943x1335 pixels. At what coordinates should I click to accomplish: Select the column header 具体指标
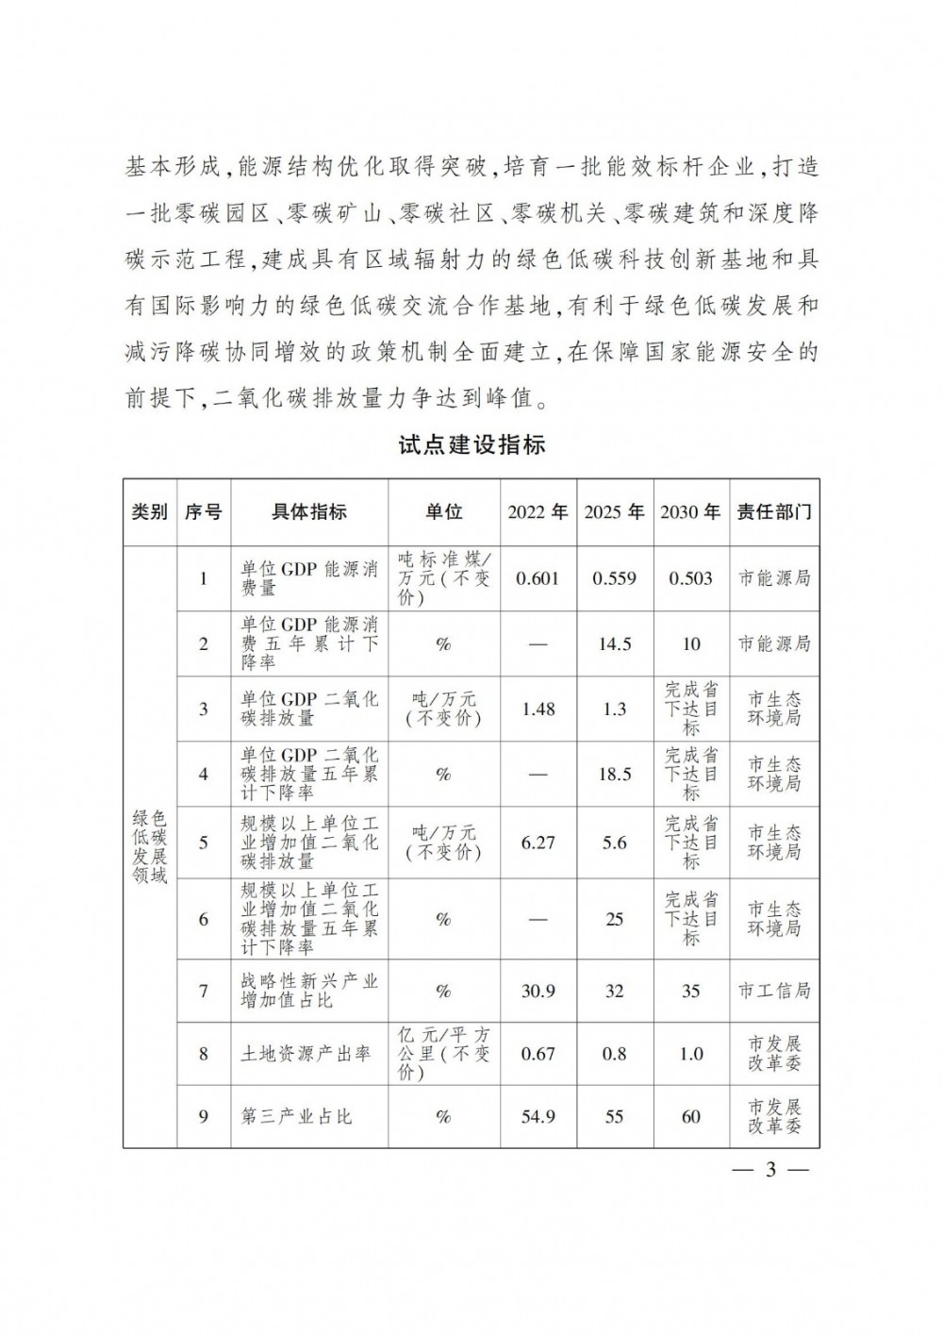click(x=309, y=511)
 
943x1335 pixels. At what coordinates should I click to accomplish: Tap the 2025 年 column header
click(x=614, y=511)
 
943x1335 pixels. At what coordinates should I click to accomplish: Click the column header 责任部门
click(x=773, y=511)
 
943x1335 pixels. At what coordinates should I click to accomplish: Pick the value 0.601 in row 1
click(x=538, y=577)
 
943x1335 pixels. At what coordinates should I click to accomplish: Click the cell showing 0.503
click(x=690, y=577)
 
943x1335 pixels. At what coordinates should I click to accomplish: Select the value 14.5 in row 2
click(x=614, y=643)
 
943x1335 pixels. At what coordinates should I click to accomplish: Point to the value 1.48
click(x=538, y=708)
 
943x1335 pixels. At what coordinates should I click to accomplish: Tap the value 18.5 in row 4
click(x=614, y=774)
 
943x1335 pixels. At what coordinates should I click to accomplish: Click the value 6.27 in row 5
click(x=538, y=843)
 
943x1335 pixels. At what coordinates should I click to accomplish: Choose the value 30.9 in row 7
click(x=538, y=991)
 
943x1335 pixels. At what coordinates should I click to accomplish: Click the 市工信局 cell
click(x=773, y=991)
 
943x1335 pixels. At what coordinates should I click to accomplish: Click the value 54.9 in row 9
click(x=538, y=1116)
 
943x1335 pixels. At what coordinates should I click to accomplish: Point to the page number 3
click(x=769, y=1171)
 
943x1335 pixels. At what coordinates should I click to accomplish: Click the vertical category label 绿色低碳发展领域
click(x=150, y=845)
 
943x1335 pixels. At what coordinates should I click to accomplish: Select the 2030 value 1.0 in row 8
click(x=690, y=1053)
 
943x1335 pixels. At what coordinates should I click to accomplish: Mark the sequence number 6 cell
click(x=204, y=919)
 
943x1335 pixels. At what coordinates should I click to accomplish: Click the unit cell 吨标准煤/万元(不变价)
click(x=443, y=577)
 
